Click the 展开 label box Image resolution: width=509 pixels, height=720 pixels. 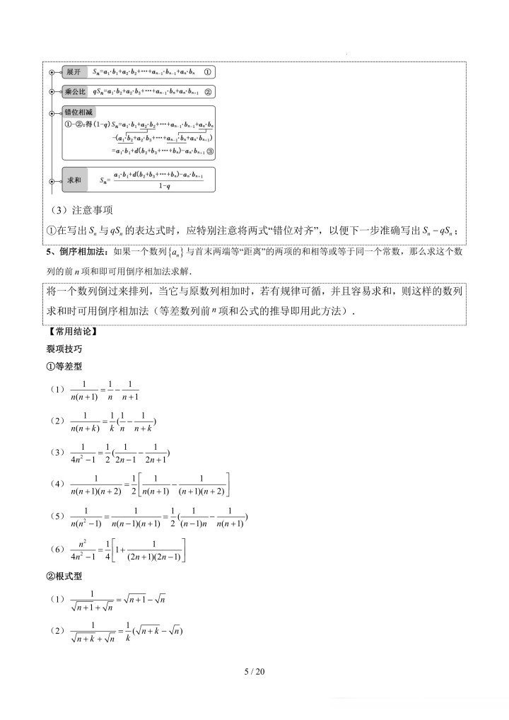pyautogui.click(x=72, y=72)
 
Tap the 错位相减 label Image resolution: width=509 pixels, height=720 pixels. pyautogui.click(x=78, y=112)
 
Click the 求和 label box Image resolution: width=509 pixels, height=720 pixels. pyautogui.click(x=74, y=180)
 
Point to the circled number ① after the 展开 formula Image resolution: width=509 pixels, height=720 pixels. pyautogui.click(x=207, y=72)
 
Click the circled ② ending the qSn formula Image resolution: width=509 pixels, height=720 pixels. pyautogui.click(x=207, y=92)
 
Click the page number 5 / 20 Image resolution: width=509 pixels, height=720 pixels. pyautogui.click(x=254, y=671)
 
